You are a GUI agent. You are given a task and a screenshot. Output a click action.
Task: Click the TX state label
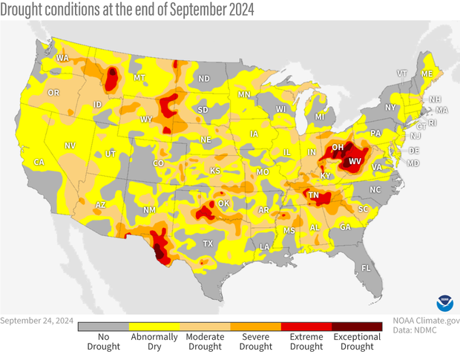208,243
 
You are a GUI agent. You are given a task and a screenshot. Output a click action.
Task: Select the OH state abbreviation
337,148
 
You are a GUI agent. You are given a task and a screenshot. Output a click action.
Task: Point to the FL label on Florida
366,267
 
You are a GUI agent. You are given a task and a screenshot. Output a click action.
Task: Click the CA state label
39,163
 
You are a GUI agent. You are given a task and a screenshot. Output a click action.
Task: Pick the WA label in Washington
62,58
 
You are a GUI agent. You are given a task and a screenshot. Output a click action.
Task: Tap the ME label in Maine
427,74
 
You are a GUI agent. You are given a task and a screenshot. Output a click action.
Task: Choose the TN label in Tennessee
314,196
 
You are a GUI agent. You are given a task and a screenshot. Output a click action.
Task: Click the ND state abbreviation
204,79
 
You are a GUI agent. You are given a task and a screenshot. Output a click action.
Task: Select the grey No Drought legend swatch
103,326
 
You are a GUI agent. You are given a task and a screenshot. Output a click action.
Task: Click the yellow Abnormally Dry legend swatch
154,326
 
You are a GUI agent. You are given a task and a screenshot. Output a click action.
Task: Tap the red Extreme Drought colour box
306,326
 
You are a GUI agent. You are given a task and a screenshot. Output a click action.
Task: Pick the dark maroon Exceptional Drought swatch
357,326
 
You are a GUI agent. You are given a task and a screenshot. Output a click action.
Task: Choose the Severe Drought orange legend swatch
255,326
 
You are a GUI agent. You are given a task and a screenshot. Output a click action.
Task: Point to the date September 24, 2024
36,321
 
